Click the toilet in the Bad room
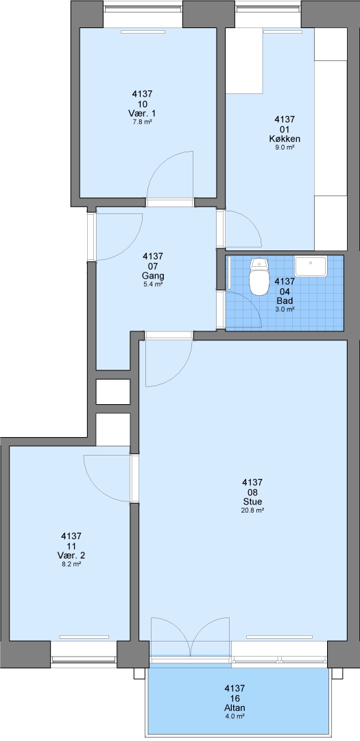click(x=259, y=277)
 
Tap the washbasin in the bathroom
click(x=311, y=266)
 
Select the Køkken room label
click(x=285, y=139)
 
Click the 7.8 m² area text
click(x=142, y=121)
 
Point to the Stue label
click(x=252, y=502)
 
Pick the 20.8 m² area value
click(x=252, y=510)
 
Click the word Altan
click(x=235, y=708)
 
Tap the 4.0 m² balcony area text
click(x=235, y=716)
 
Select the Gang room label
click(x=153, y=276)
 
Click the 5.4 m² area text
click(x=153, y=285)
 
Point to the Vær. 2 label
click(x=71, y=555)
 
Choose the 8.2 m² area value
click(x=71, y=564)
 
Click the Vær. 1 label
click(x=142, y=113)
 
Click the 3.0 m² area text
click(x=285, y=309)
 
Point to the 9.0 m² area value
click(x=285, y=148)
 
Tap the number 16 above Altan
click(x=235, y=698)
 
